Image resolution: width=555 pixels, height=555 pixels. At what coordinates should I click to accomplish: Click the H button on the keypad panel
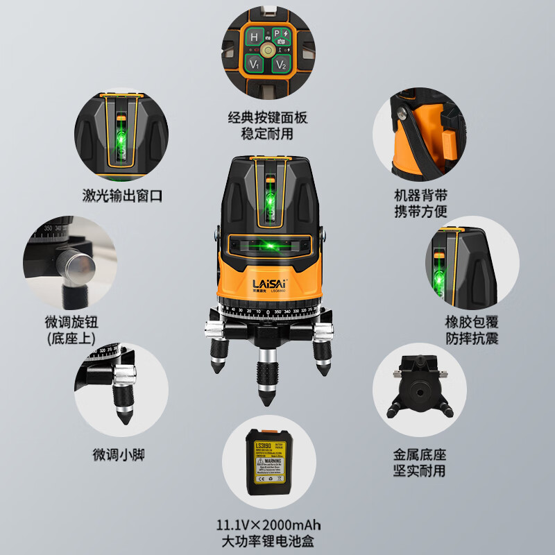coord(254,37)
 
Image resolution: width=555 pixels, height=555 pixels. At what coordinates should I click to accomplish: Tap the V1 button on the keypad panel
coord(255,65)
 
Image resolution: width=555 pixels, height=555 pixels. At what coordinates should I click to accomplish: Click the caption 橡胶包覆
coord(473,323)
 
